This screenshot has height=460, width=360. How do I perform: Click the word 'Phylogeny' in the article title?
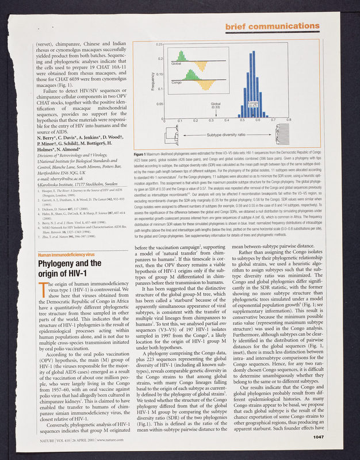60,249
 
